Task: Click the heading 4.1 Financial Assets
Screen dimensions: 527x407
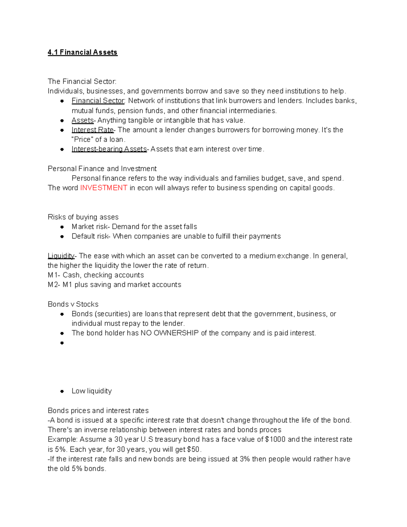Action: pyautogui.click(x=82, y=52)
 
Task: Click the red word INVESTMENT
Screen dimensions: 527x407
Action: pyautogui.click(x=104, y=188)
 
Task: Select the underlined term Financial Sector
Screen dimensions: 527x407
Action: pyautogui.click(x=98, y=101)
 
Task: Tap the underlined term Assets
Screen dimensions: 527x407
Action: pyautogui.click(x=82, y=120)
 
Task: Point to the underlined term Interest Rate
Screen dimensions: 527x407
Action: pyautogui.click(x=93, y=130)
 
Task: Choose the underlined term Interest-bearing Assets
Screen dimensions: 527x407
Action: pyautogui.click(x=109, y=149)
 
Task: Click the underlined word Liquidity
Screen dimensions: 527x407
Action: pyautogui.click(x=61, y=256)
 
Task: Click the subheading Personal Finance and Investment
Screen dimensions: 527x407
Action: pyautogui.click(x=102, y=169)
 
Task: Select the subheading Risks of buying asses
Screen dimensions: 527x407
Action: pyautogui.click(x=83, y=217)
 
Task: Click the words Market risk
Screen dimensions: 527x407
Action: pyautogui.click(x=89, y=227)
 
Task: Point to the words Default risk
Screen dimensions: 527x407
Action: pyautogui.click(x=90, y=236)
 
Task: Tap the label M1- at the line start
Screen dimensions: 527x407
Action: pyautogui.click(x=54, y=275)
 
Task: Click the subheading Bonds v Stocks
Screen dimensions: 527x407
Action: pyautogui.click(x=73, y=304)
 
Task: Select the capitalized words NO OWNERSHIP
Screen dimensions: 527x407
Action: pyautogui.click(x=170, y=333)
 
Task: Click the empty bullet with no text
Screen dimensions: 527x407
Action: pyautogui.click(x=62, y=343)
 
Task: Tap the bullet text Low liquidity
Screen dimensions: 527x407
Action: pyautogui.click(x=92, y=391)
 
